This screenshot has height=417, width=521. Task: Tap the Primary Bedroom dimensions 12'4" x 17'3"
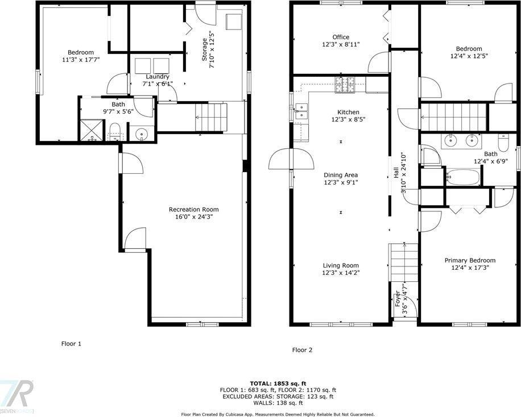coord(470,268)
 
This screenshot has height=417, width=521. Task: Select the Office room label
coord(341,37)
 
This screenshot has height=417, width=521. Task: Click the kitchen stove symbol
coord(344,85)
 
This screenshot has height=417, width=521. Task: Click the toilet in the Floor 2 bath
coord(503,140)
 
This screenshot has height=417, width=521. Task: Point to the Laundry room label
coord(157,77)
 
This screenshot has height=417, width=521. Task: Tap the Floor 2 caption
coord(302,351)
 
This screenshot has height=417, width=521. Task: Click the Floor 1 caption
coord(72,344)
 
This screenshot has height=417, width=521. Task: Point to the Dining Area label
coord(341,175)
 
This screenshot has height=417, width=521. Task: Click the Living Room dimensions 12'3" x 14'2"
coord(341,273)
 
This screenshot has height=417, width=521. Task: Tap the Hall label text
coord(396,173)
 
